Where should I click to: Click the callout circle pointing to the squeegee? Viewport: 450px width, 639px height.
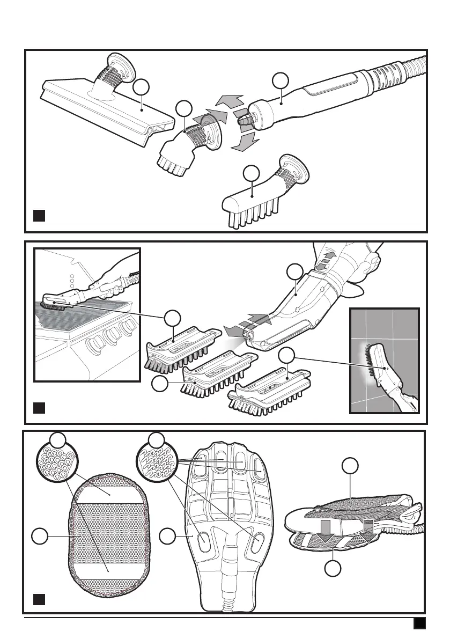point(141,87)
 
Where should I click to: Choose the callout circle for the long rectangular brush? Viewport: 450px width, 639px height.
point(250,174)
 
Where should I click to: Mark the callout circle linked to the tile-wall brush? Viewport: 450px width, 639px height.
point(287,355)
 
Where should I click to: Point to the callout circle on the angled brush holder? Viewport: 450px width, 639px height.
point(294,271)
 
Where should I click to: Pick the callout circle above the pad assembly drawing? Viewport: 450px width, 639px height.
point(350,466)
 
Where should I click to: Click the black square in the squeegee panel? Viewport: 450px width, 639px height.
point(38,216)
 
